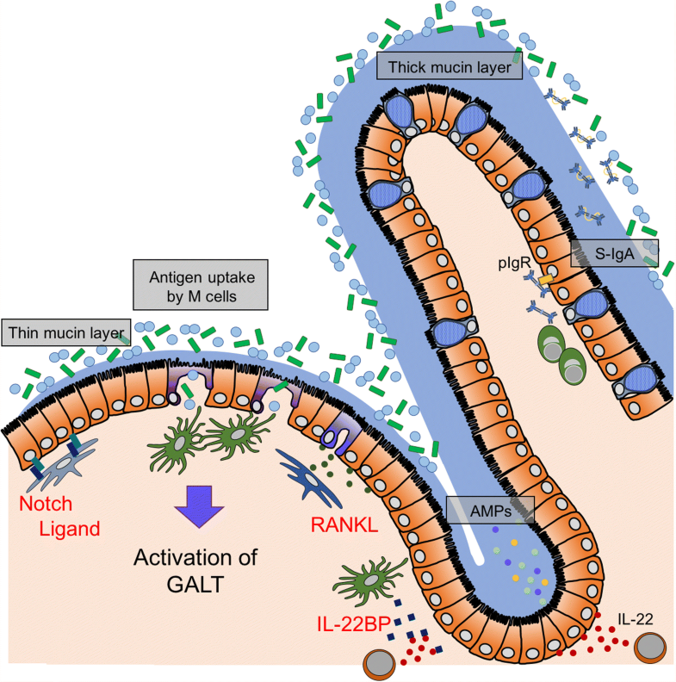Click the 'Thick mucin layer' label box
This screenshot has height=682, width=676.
coord(450,65)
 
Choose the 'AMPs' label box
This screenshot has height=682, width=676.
coord(490,509)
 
